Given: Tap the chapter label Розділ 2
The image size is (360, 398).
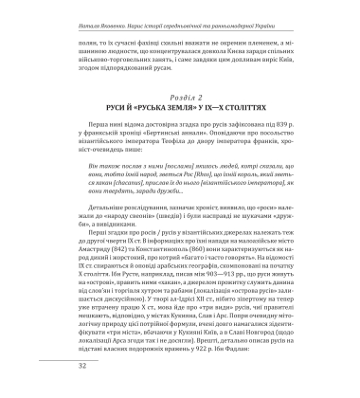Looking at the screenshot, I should coord(179,82).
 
